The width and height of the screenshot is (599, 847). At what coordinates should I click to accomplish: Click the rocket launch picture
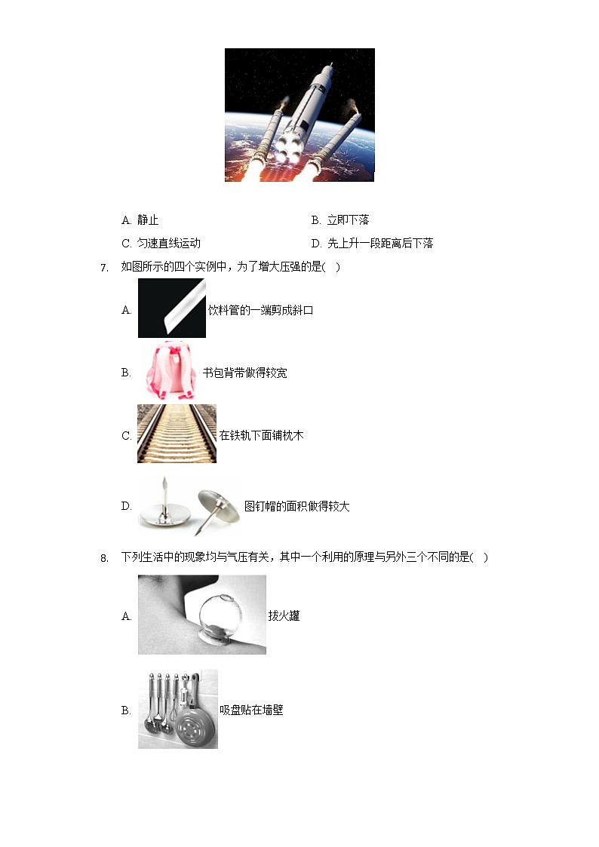[299, 115]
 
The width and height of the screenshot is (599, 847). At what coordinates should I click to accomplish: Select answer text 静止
[148, 220]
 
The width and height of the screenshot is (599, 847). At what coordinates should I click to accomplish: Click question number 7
[104, 268]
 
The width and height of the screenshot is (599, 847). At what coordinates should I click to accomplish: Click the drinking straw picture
[171, 308]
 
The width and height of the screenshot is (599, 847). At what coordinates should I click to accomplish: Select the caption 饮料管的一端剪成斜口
[260, 311]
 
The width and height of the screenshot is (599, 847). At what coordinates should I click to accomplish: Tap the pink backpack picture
[170, 371]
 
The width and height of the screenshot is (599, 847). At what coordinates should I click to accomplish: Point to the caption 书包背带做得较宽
[244, 373]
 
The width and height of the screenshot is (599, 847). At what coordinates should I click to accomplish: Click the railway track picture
[177, 434]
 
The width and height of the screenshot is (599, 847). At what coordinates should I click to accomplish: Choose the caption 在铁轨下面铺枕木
[261, 436]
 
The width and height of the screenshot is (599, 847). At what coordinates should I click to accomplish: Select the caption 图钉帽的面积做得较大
[296, 507]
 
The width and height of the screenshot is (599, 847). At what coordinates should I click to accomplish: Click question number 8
[104, 558]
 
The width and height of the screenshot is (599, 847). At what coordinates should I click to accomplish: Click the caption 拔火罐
[284, 616]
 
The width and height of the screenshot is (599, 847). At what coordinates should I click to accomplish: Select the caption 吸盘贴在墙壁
[251, 710]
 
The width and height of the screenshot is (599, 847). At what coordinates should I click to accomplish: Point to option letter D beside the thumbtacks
[126, 506]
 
